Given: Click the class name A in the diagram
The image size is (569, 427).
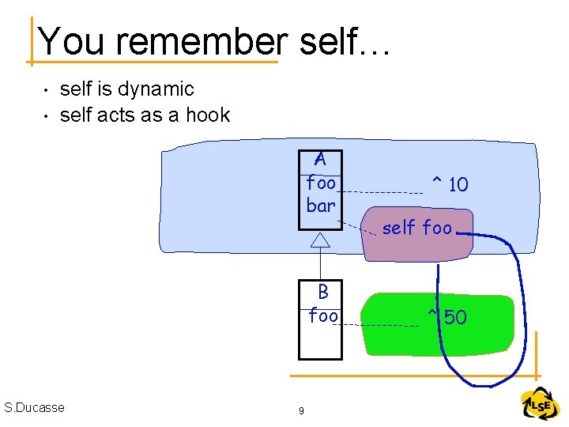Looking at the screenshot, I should [x=320, y=160].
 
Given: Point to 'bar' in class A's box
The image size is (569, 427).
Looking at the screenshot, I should [x=321, y=206].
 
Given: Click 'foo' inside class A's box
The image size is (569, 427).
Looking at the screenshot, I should [x=321, y=183].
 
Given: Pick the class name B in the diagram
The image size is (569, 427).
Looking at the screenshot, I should [x=323, y=292].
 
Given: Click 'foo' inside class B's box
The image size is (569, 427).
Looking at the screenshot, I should [x=323, y=316].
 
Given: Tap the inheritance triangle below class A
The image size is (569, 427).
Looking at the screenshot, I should [x=320, y=240].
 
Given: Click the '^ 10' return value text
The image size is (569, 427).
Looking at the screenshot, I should [x=449, y=185].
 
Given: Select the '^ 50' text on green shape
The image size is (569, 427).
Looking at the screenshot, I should [x=447, y=318].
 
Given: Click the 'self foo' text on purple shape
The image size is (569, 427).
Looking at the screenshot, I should [x=417, y=229].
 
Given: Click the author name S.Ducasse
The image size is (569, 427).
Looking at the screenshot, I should [x=34, y=407].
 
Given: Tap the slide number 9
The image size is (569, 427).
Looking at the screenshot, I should [x=300, y=410].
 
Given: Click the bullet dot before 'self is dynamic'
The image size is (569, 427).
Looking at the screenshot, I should [x=47, y=91].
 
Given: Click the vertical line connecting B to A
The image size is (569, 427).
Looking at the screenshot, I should [x=320, y=263].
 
